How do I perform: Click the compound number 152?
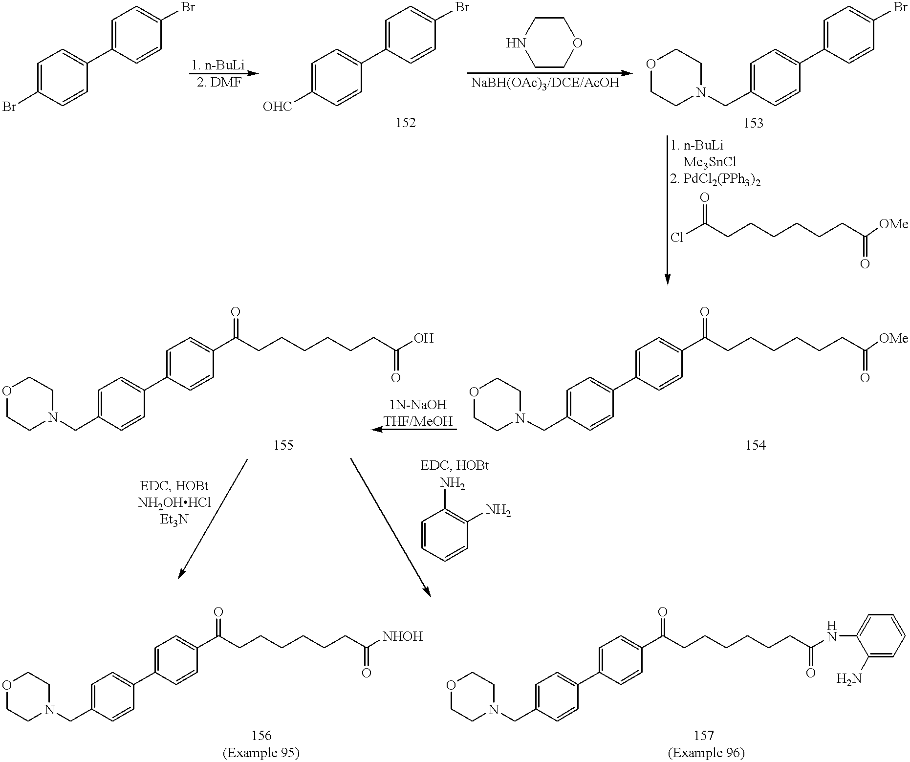[x=406, y=123]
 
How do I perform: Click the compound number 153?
[x=753, y=123]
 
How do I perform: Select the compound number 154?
[x=756, y=445]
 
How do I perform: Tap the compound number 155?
[x=284, y=445]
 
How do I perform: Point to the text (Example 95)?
[x=261, y=753]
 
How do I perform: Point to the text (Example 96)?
[x=706, y=753]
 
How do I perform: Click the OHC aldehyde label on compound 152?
[x=278, y=106]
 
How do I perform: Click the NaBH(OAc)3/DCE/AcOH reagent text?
[x=545, y=83]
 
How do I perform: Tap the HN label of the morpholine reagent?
[x=515, y=43]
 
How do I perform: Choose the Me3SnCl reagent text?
[x=710, y=162]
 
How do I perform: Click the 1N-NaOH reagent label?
[x=418, y=405]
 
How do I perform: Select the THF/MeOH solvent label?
[x=418, y=421]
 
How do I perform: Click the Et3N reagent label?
[x=174, y=519]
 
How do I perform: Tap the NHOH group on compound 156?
[x=403, y=636]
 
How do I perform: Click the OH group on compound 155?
[x=423, y=338]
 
